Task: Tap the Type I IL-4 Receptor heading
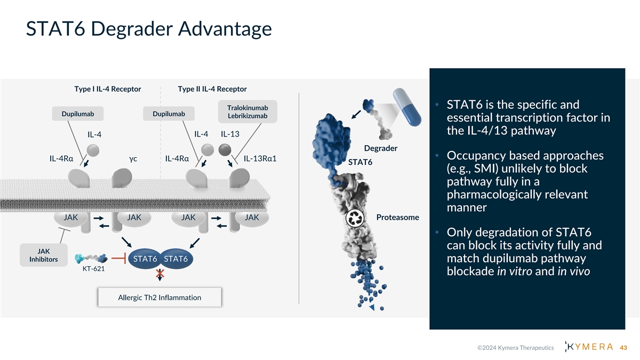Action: [108, 89]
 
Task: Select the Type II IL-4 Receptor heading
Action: [212, 89]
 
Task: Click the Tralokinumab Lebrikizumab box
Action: [247, 112]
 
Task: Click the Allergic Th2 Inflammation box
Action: [159, 298]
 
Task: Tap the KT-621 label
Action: [93, 269]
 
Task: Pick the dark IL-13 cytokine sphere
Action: [224, 148]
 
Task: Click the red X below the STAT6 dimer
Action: [160, 275]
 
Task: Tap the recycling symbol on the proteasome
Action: [355, 218]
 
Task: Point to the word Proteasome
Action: [397, 217]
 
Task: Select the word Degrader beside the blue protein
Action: [380, 148]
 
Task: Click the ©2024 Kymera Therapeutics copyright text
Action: [515, 348]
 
